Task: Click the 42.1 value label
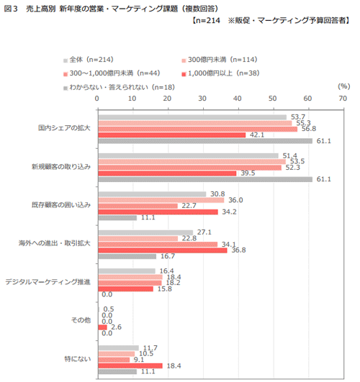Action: coord(257,135)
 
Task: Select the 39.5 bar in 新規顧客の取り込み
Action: coord(167,173)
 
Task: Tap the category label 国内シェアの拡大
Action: coord(64,128)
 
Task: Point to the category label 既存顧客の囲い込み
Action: coord(61,205)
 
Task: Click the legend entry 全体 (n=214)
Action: coord(89,60)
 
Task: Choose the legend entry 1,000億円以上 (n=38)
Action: coord(221,73)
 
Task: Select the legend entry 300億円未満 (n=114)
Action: coord(220,60)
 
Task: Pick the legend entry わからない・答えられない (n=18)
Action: coord(120,87)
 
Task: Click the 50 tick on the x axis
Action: coord(272,99)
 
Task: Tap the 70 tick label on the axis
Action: coord(343,99)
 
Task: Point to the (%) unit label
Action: coord(344,86)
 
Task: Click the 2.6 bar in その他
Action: coord(103,327)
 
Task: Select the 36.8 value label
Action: coord(238,250)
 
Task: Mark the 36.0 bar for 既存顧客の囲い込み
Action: coord(161,200)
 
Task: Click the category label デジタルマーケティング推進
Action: coord(48,282)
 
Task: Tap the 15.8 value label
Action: coord(165,288)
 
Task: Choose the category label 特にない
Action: coord(78,359)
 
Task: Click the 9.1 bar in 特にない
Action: coord(114,360)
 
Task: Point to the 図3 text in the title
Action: coord(11,9)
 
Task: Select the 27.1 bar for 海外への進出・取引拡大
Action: coord(145,232)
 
